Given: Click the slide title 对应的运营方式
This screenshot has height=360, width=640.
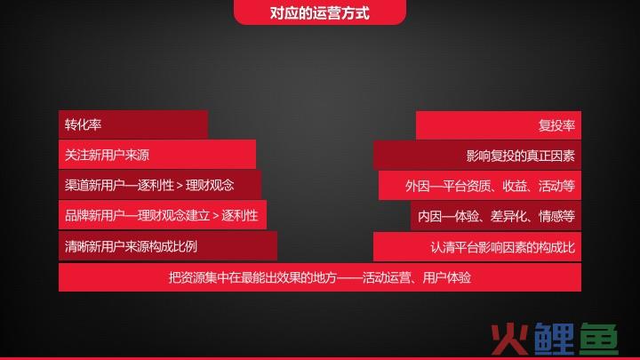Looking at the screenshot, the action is click(320, 13).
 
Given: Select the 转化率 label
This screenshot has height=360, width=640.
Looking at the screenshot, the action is click(83, 125).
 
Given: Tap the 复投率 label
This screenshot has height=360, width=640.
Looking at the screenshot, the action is click(556, 125).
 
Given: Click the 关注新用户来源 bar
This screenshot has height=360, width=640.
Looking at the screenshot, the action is click(157, 155).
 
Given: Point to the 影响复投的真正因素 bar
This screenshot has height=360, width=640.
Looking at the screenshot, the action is click(477, 156).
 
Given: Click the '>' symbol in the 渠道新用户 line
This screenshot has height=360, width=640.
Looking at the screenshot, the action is click(180, 186).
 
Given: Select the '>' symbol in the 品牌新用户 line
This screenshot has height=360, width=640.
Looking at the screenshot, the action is click(215, 216).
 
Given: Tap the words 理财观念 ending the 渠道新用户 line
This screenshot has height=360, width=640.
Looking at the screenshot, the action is click(210, 185).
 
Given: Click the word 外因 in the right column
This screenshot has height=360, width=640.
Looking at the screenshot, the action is click(417, 186).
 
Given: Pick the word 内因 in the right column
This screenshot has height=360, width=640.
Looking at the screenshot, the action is click(430, 216).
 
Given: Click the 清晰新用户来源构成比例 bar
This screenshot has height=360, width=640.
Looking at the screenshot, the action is click(168, 246).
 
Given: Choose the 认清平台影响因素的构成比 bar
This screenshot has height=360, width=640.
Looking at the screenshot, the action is click(477, 247).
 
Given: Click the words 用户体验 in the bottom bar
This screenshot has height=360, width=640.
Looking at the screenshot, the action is click(447, 278).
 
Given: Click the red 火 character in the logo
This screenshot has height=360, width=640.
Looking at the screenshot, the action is click(509, 339).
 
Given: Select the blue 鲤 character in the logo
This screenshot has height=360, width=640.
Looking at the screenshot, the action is click(553, 339).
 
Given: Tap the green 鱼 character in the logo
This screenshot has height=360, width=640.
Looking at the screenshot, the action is click(599, 339).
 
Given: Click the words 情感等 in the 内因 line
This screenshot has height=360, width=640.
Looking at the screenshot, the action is click(556, 216).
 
